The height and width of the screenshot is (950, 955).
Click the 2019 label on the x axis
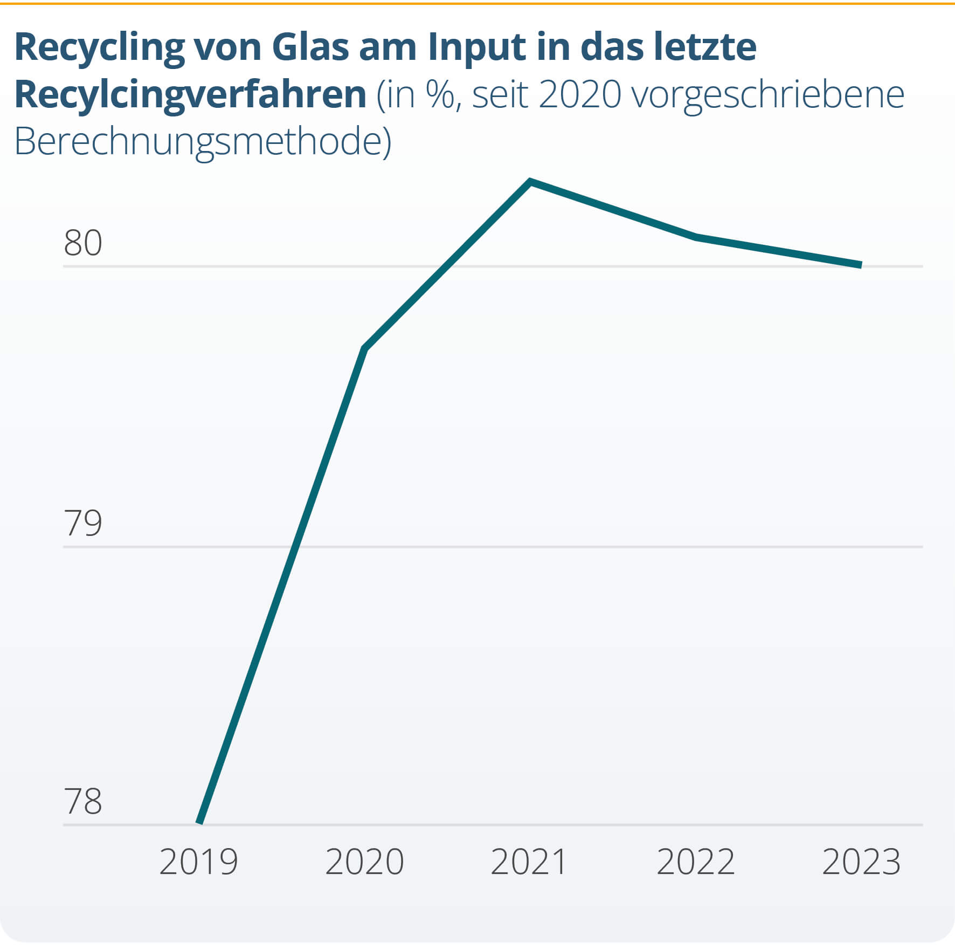click(x=198, y=862)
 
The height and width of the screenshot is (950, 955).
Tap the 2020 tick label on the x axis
click(x=364, y=862)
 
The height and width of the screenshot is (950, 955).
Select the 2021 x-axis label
click(x=529, y=862)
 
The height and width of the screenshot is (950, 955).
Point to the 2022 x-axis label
click(x=695, y=862)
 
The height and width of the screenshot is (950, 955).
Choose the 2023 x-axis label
click(x=861, y=862)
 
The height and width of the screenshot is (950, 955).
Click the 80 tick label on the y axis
click(x=82, y=243)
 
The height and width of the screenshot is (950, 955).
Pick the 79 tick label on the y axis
click(x=82, y=523)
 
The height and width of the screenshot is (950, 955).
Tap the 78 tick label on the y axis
click(x=82, y=801)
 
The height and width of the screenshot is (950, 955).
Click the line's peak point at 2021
click(x=530, y=182)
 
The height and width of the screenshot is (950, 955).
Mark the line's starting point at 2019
click(x=199, y=823)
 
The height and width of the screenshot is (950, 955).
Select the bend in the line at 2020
click(x=365, y=348)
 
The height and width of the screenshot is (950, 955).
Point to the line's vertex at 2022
click(x=696, y=237)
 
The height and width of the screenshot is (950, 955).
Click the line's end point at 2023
click(x=861, y=265)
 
